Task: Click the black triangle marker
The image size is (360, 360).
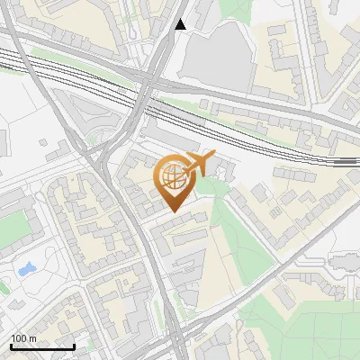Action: pyautogui.click(x=181, y=24)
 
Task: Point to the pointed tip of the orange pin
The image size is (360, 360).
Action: pyautogui.click(x=172, y=211)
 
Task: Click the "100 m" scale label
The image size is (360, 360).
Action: pyautogui.click(x=23, y=337)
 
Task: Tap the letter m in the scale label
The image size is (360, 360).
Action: pyautogui.click(x=32, y=337)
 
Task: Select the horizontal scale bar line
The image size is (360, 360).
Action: pyautogui.click(x=41, y=346)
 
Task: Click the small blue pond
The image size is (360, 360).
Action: pyautogui.click(x=25, y=269)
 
